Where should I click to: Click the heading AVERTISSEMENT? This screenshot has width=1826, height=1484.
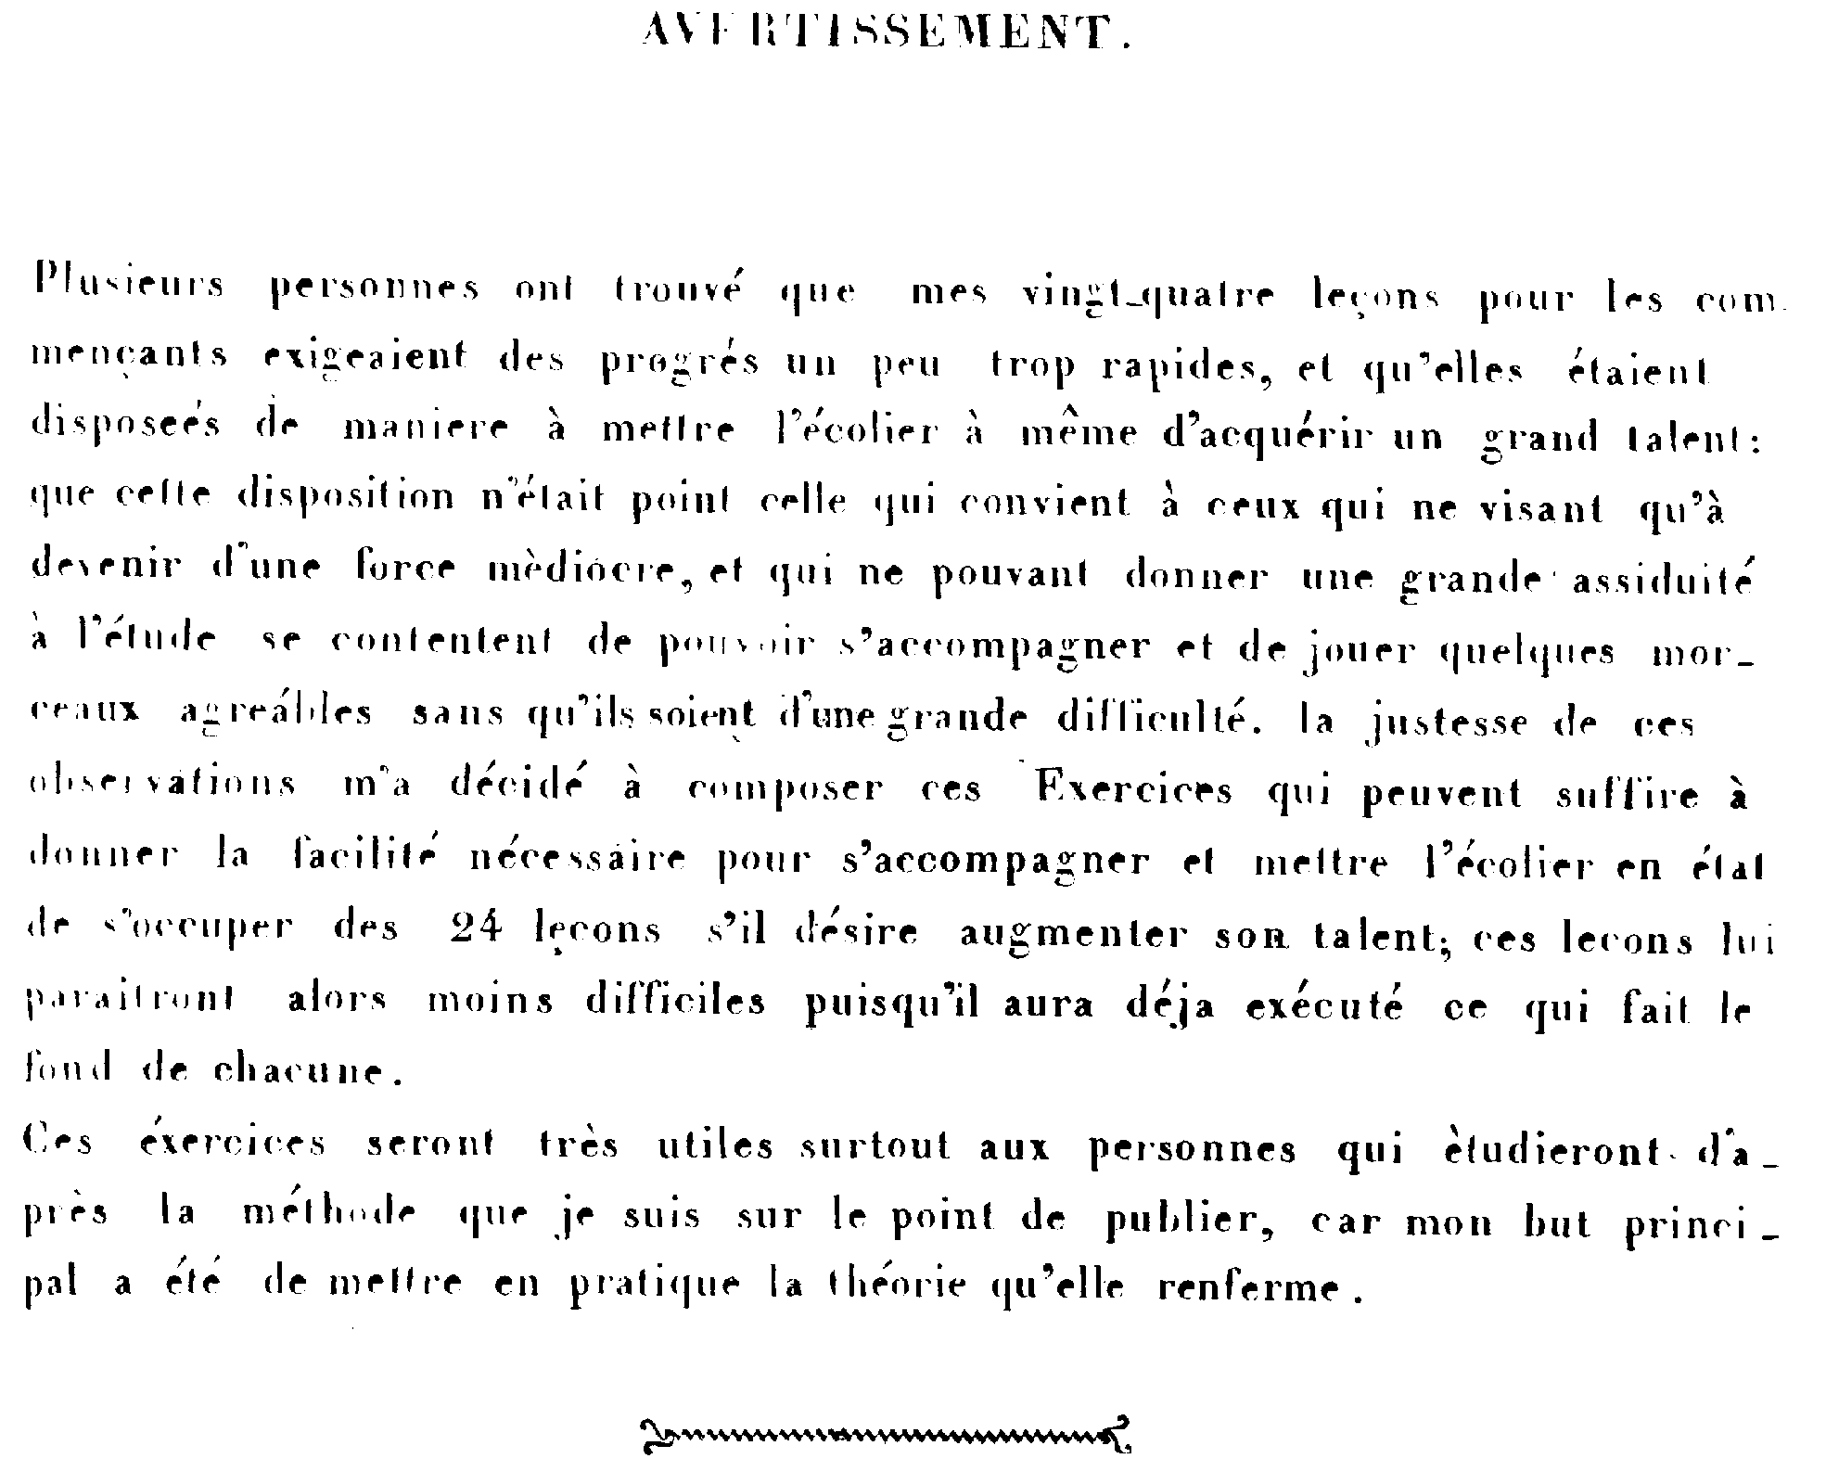tap(886, 33)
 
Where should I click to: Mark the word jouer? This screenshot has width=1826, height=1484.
tap(1359, 651)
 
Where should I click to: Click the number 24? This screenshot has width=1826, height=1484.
tap(476, 928)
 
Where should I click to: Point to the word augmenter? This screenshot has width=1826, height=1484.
tap(1073, 935)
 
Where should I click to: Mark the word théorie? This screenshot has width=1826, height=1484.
tap(897, 1286)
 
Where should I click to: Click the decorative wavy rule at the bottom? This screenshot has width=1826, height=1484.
tap(886, 1436)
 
